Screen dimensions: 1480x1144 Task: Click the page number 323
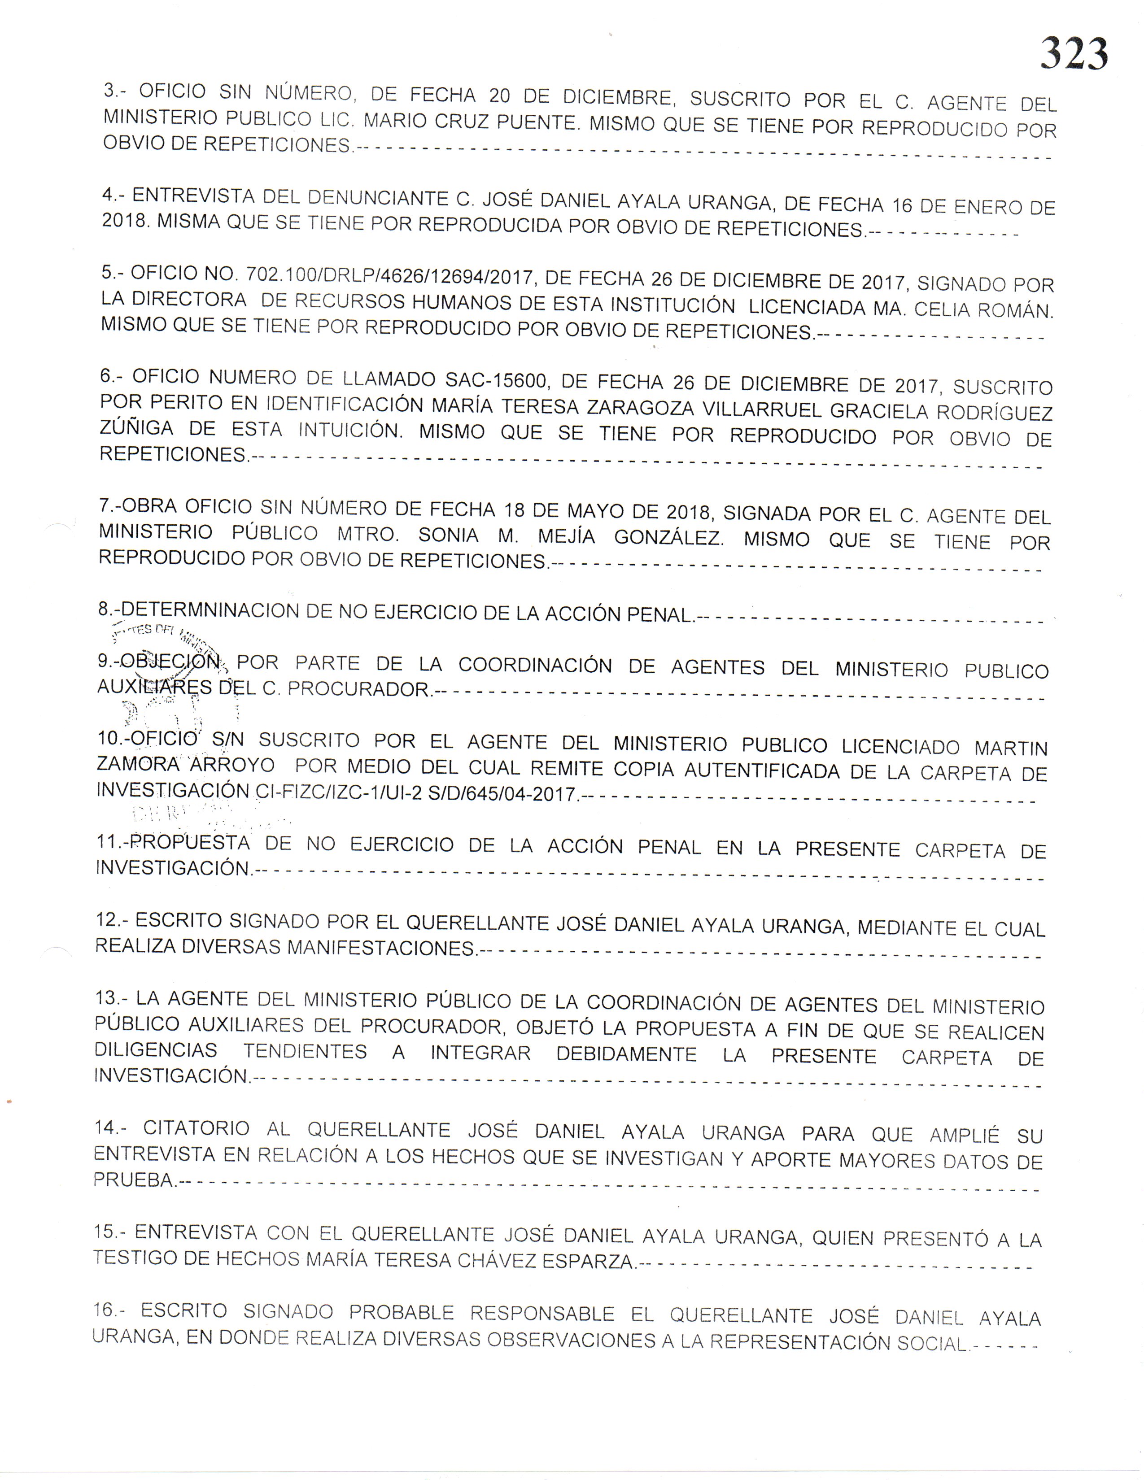point(1074,54)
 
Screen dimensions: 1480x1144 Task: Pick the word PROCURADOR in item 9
point(359,689)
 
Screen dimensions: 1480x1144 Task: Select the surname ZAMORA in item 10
point(138,764)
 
